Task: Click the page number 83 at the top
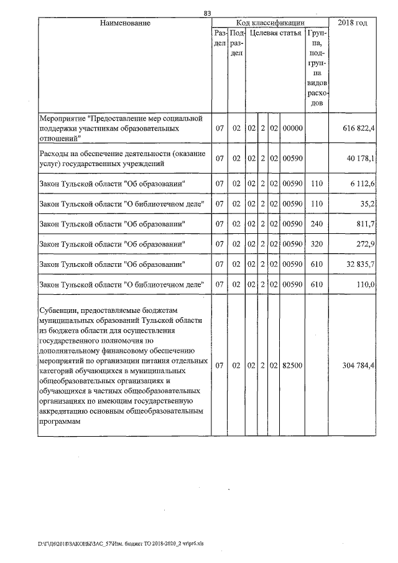tap(207, 13)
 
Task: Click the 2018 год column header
tap(352, 23)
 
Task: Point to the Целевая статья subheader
tap(275, 33)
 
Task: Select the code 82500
tap(292, 366)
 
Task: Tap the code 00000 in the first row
tap(292, 128)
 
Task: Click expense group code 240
tap(317, 223)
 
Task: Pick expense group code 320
tap(317, 244)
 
